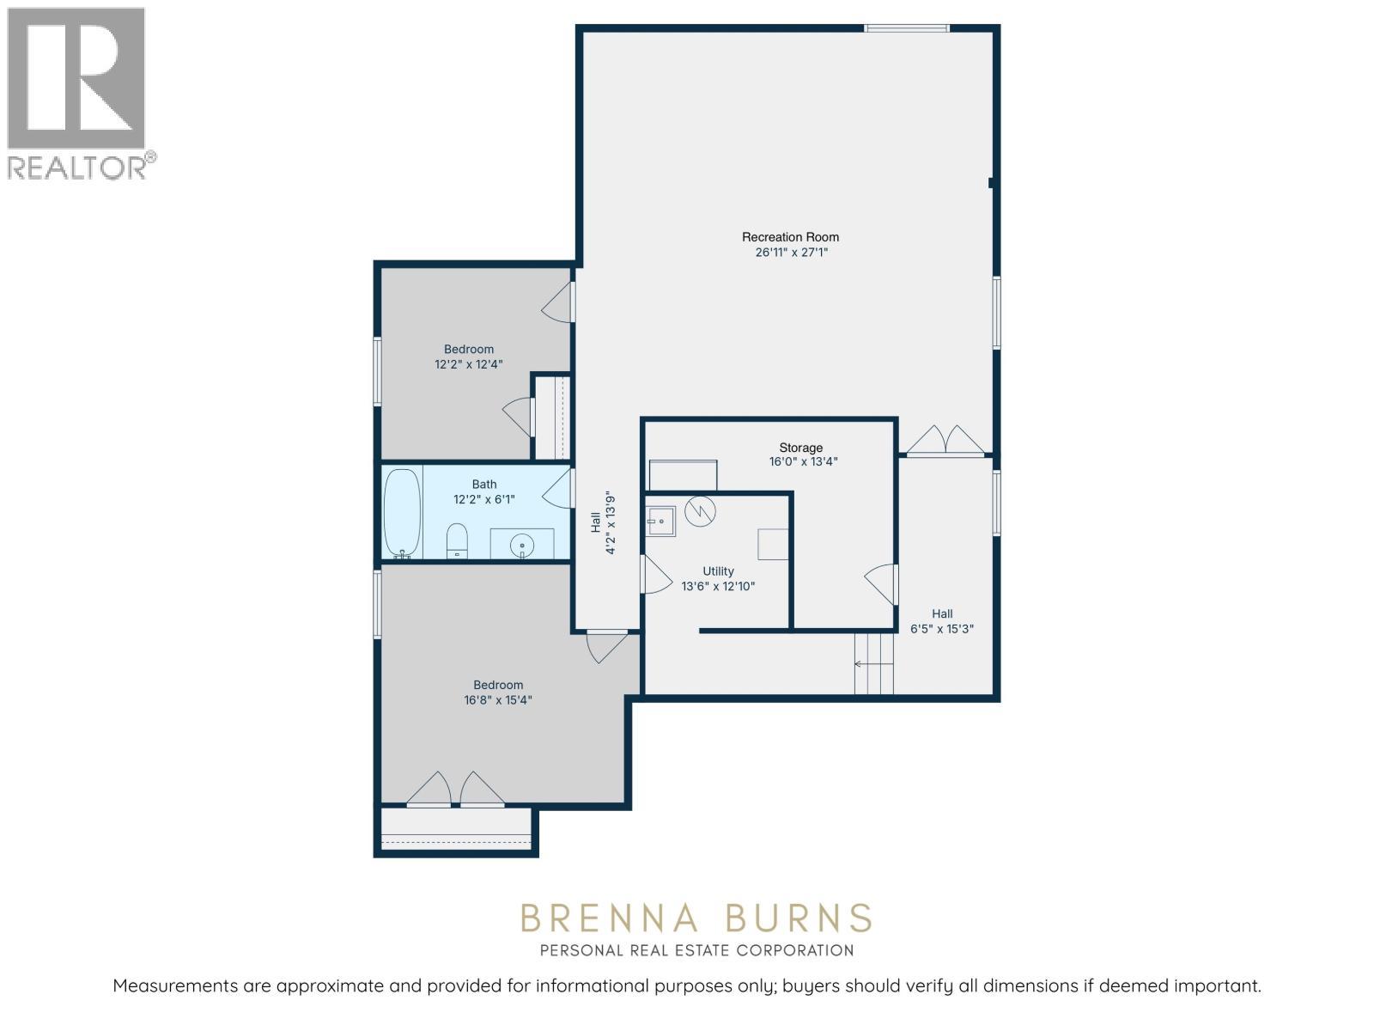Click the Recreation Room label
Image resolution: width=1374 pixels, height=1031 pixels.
790,237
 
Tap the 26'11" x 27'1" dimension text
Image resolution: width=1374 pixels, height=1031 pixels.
791,253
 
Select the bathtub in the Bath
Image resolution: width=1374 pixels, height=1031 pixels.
402,513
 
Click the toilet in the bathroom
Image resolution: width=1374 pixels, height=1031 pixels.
457,541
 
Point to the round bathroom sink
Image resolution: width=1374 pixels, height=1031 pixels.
521,546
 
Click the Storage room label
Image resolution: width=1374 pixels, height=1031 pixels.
800,448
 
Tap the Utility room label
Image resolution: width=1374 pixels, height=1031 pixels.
718,571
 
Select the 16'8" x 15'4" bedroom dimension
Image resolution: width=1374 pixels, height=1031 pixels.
497,700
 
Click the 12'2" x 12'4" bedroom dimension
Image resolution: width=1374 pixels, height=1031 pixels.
469,364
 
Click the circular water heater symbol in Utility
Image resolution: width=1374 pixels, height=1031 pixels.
700,511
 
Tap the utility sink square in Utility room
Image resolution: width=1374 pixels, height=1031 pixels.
660,522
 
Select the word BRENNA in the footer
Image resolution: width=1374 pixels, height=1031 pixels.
609,918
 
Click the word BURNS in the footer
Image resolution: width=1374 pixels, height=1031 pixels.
798,918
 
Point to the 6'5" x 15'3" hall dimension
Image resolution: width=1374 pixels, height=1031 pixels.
942,629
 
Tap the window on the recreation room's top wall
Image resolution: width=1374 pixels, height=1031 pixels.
906,28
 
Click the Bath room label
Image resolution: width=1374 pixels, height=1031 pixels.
484,485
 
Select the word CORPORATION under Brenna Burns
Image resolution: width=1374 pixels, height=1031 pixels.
794,951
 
